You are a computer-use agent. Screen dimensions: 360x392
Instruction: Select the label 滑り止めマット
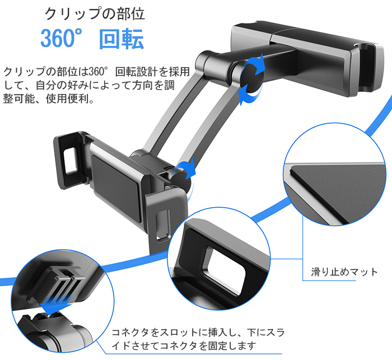point(344,272)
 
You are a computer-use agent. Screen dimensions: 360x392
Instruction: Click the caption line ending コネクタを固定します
point(185,345)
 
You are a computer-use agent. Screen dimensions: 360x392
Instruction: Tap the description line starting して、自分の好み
point(96,86)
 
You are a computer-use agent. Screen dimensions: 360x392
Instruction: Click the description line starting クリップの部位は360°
point(96,72)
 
